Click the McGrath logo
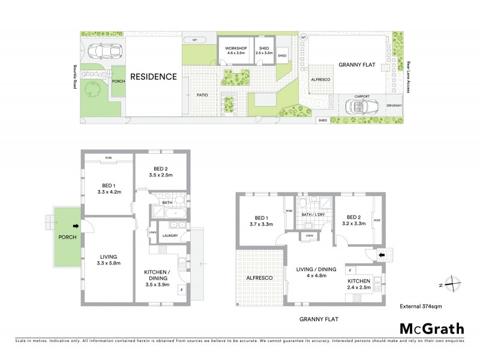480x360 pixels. (x=431, y=328)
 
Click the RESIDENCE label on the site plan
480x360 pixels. (x=154, y=76)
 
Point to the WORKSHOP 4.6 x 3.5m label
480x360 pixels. (x=235, y=50)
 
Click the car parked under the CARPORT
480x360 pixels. (x=361, y=106)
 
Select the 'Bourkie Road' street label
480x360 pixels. (x=75, y=77)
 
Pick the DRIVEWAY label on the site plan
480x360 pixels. (x=395, y=106)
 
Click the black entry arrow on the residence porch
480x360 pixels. (x=76, y=226)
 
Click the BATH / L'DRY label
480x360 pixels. (x=311, y=214)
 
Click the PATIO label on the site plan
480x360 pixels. (x=201, y=95)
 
